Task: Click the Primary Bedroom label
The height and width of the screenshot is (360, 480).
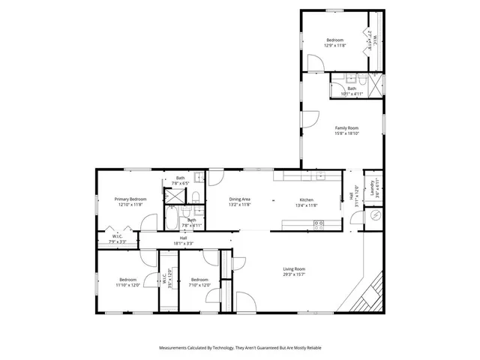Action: [130, 199]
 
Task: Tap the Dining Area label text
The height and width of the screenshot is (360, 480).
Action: [239, 199]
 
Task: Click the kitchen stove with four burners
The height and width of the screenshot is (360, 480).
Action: [318, 223]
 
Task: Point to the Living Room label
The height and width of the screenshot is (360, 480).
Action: [294, 268]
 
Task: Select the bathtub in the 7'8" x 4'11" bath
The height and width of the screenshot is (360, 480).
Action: [171, 221]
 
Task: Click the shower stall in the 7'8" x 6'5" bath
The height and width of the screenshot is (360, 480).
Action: [174, 196]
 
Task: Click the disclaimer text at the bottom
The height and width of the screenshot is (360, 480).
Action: [240, 348]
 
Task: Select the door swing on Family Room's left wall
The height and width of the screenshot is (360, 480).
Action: [309, 118]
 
